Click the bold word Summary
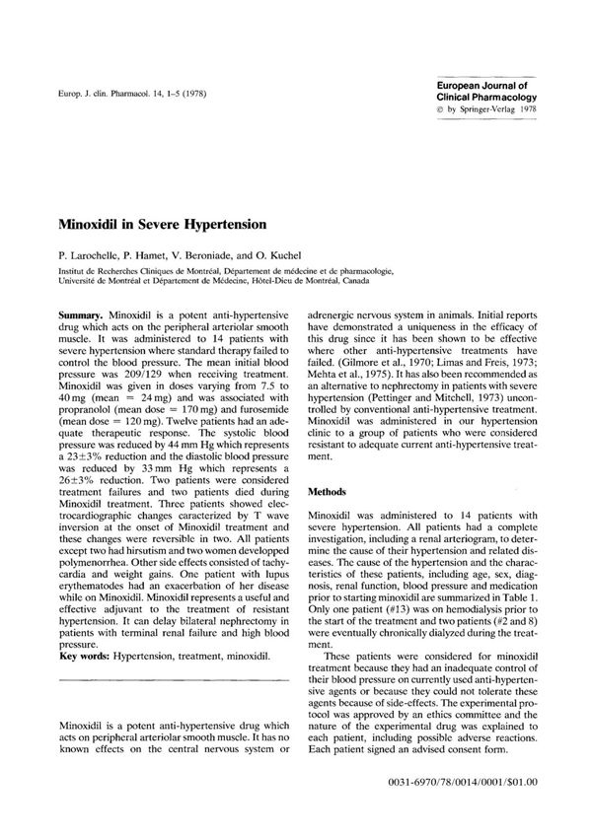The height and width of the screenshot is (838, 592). click(x=82, y=311)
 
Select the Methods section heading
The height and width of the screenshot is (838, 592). click(x=330, y=490)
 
